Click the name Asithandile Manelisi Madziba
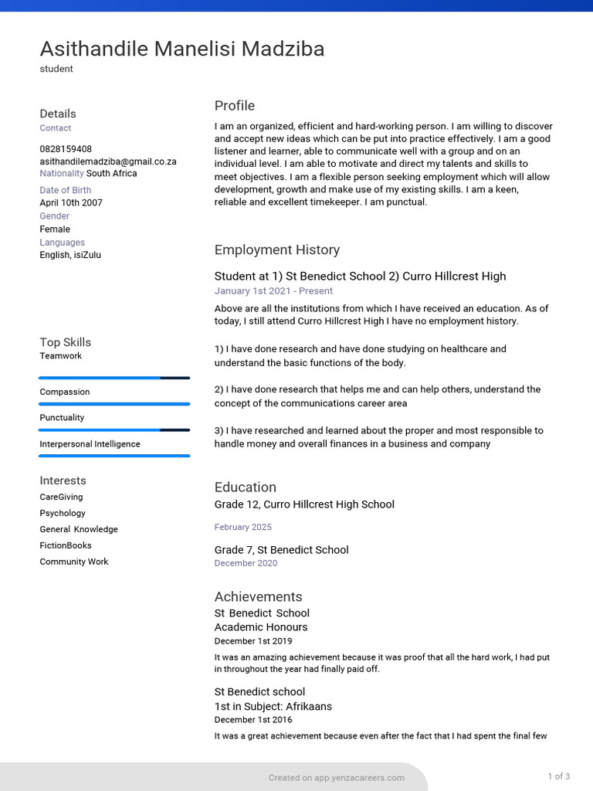point(182,49)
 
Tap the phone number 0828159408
point(66,149)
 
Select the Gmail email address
point(108,161)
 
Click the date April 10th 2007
point(71,203)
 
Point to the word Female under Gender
point(55,229)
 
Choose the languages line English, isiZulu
point(70,255)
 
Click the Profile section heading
point(235,106)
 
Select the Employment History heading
point(277,250)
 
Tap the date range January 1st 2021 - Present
point(273,291)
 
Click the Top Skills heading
point(66,342)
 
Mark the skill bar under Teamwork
point(114,378)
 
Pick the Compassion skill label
point(65,392)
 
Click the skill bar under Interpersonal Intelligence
point(114,456)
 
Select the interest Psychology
point(63,513)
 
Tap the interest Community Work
point(74,562)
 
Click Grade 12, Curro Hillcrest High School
point(304,504)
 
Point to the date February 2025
point(243,527)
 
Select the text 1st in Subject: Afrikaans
point(273,706)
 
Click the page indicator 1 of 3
point(559,776)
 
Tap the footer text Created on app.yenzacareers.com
point(337,778)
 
